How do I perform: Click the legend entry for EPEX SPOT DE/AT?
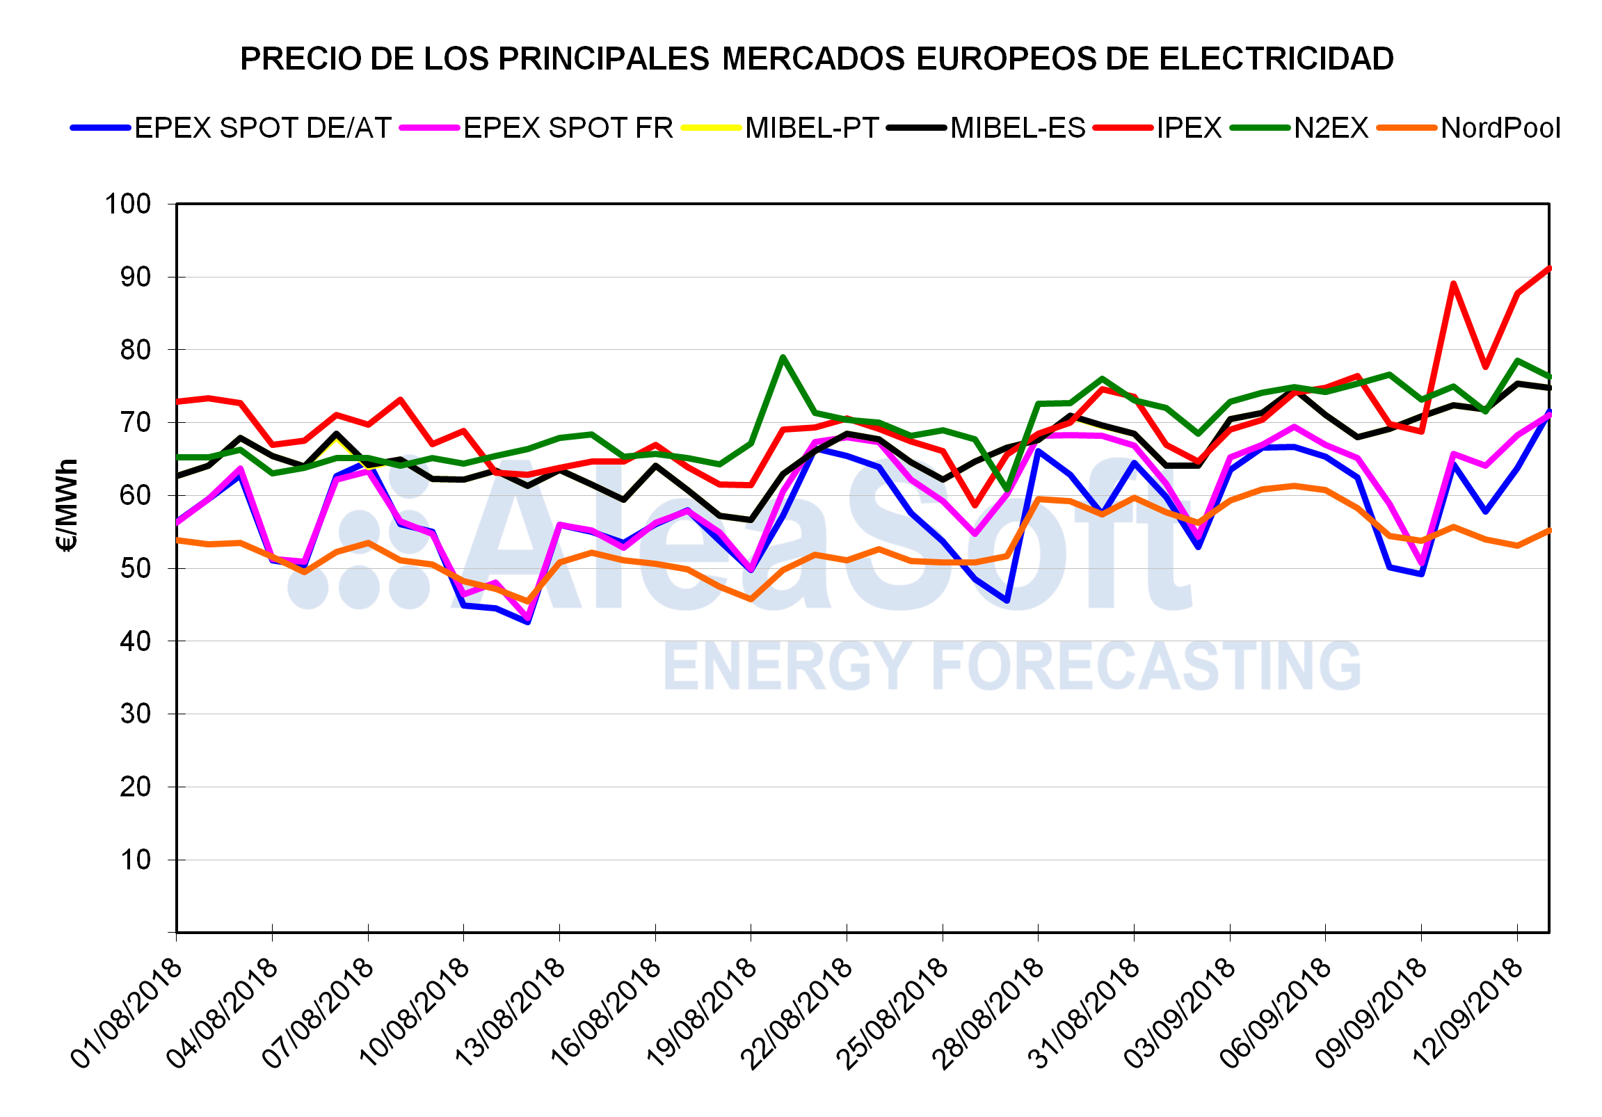click(262, 129)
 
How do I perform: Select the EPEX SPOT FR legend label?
click(568, 129)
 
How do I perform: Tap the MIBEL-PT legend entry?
click(811, 129)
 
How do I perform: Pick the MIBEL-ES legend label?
click(1017, 129)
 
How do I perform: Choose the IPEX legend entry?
click(1189, 129)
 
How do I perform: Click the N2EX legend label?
click(1331, 129)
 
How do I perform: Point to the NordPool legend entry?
click(1500, 129)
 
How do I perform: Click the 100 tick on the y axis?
click(128, 204)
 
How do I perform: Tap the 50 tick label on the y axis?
click(136, 569)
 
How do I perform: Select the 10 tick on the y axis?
click(136, 860)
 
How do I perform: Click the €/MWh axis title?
click(67, 505)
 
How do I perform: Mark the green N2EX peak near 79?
click(783, 357)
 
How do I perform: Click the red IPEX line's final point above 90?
click(1549, 268)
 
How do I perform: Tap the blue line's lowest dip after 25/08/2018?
click(1007, 600)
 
